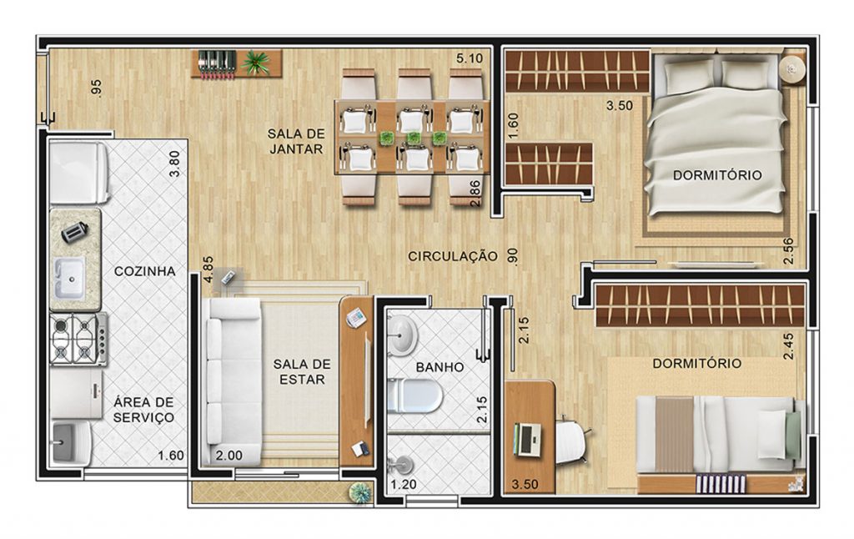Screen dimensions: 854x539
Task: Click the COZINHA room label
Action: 144,271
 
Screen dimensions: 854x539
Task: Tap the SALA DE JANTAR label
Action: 296,141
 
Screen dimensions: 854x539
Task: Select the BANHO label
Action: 440,367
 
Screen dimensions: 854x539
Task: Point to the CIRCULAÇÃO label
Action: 453,256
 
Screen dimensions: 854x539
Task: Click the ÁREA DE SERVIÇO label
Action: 143,410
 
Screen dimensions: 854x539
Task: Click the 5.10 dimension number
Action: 470,58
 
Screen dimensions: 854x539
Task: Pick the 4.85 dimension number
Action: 208,269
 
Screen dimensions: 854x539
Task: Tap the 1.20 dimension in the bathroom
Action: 404,484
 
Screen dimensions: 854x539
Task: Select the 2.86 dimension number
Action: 475,194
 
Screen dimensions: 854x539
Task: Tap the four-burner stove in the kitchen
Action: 78,339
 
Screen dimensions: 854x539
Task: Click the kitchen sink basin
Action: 69,278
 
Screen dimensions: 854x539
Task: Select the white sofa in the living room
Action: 232,381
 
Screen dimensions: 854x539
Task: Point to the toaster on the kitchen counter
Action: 73,233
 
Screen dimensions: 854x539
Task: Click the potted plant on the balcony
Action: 359,492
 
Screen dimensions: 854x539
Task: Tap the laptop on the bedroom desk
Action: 526,439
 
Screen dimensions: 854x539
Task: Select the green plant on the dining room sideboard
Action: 255,62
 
